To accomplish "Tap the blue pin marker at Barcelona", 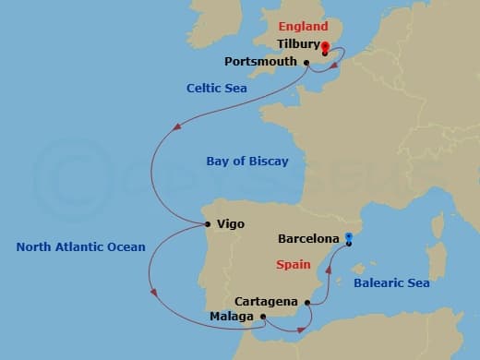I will point(349,239).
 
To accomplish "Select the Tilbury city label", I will point(298,43).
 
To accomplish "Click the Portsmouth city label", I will point(261,62).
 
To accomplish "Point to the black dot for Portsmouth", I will point(306,63).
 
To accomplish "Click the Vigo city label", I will point(230,223).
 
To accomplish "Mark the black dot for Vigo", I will point(209,223).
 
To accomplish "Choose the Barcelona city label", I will point(309,238).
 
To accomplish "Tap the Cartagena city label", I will point(266,301).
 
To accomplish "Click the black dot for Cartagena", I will point(306,301).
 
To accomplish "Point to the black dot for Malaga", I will point(264,317).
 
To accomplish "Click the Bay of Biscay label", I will point(247,162).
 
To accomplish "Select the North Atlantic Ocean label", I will point(80,246).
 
